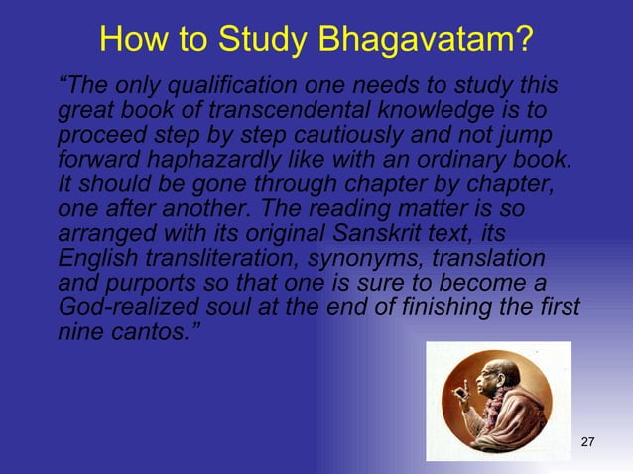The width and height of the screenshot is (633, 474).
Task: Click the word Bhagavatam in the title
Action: (430, 39)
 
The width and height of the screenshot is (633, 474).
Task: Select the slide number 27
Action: (587, 441)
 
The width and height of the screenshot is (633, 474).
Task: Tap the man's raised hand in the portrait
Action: (461, 392)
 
